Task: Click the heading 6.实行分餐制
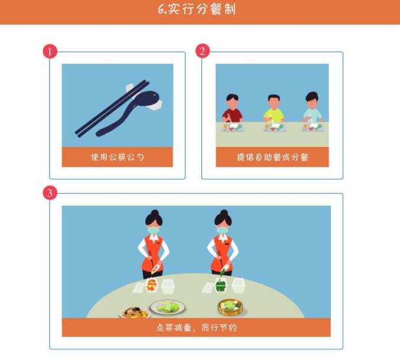(196, 9)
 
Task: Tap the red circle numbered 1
(50, 51)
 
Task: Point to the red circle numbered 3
(50, 192)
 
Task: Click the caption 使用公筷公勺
(118, 157)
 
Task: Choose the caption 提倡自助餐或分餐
(272, 157)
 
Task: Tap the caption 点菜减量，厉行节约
(196, 328)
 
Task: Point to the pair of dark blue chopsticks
(112, 109)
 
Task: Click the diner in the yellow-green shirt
(274, 110)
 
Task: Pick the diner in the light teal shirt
(313, 108)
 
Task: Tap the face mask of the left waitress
(153, 230)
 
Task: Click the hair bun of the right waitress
(224, 213)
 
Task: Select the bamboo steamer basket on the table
(230, 307)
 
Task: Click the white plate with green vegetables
(167, 307)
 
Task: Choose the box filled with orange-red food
(151, 286)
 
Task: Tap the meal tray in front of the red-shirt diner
(233, 127)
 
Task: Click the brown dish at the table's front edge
(135, 312)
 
